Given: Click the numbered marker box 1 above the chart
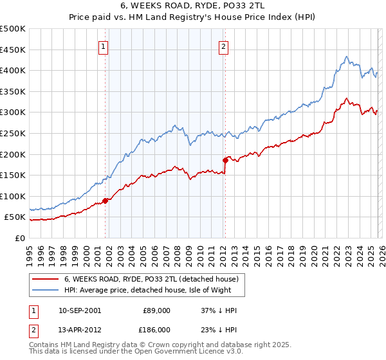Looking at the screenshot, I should [x=104, y=46].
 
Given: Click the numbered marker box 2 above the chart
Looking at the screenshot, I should [x=223, y=46].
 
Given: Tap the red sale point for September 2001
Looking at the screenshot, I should [x=105, y=201].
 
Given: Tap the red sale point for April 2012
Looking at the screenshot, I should [x=225, y=160].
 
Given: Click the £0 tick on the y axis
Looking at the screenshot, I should [x=20, y=238].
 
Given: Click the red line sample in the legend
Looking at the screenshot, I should [x=44, y=279].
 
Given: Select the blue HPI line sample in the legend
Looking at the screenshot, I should [x=44, y=290].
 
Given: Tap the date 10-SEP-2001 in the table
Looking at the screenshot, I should [x=80, y=310].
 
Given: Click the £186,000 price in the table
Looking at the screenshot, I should [x=156, y=328].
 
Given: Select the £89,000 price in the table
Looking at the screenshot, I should [x=156, y=310].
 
